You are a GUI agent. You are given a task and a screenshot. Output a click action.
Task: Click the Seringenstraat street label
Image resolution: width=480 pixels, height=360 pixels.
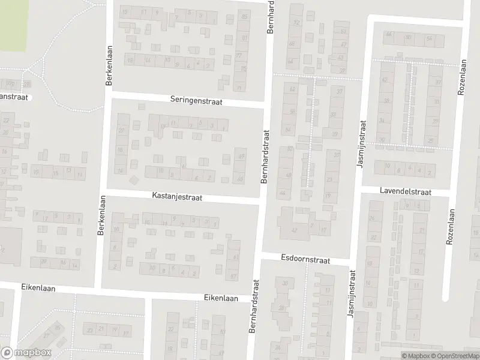196,102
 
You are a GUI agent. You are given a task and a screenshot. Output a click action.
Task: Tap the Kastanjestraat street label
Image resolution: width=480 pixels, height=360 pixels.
177,196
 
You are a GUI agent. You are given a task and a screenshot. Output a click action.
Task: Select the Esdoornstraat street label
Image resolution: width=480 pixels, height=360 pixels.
305,259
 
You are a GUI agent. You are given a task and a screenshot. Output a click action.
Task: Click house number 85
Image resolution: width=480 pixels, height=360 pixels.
244,16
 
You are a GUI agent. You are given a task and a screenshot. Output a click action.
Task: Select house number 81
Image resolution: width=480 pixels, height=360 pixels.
244,38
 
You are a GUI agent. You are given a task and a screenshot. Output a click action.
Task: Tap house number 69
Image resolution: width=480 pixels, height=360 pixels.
242,157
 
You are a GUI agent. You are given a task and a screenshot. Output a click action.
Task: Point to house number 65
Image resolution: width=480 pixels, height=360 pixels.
241,179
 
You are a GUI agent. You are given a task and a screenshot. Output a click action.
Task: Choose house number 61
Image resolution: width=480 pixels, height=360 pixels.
235,257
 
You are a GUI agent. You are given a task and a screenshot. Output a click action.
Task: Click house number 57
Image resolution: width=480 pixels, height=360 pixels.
233,277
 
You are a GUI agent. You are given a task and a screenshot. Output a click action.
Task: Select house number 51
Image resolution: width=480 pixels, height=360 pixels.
343,31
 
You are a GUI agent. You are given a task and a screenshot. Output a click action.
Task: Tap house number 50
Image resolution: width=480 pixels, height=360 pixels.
409,37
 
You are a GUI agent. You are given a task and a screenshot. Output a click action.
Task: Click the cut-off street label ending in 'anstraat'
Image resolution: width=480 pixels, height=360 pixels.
14,96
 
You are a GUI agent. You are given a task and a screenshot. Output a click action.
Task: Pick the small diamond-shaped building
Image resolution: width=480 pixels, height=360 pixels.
133,179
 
